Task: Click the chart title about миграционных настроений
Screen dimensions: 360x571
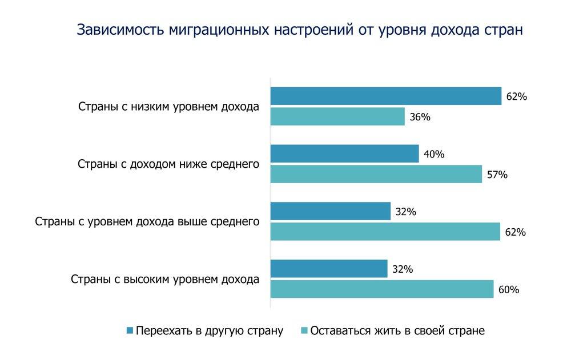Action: [299, 30]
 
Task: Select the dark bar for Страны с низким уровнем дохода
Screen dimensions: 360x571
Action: [385, 96]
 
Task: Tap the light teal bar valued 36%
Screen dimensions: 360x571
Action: [337, 117]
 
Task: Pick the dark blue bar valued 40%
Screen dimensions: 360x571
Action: [344, 154]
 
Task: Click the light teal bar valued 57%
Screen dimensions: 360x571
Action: [376, 174]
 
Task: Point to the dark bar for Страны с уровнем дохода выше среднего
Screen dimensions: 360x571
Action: [330, 211]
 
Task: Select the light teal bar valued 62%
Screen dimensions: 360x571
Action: [385, 232]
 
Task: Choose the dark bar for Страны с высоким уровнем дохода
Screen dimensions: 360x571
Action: [329, 269]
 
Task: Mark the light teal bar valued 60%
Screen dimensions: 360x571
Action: [381, 289]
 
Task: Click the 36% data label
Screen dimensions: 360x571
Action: [420, 118]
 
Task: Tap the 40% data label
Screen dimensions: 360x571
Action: [434, 154]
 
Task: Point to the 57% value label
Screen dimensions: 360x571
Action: [497, 175]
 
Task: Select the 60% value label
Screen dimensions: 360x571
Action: [508, 290]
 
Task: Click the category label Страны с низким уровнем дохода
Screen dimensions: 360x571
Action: [168, 107]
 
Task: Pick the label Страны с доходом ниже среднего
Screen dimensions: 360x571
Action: [168, 164]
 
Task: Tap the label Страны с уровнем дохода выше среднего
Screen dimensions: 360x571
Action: [147, 221]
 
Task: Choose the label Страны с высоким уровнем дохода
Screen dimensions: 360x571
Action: [165, 280]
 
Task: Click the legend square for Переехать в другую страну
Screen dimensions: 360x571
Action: [130, 330]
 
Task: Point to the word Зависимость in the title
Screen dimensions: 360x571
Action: [120, 30]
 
